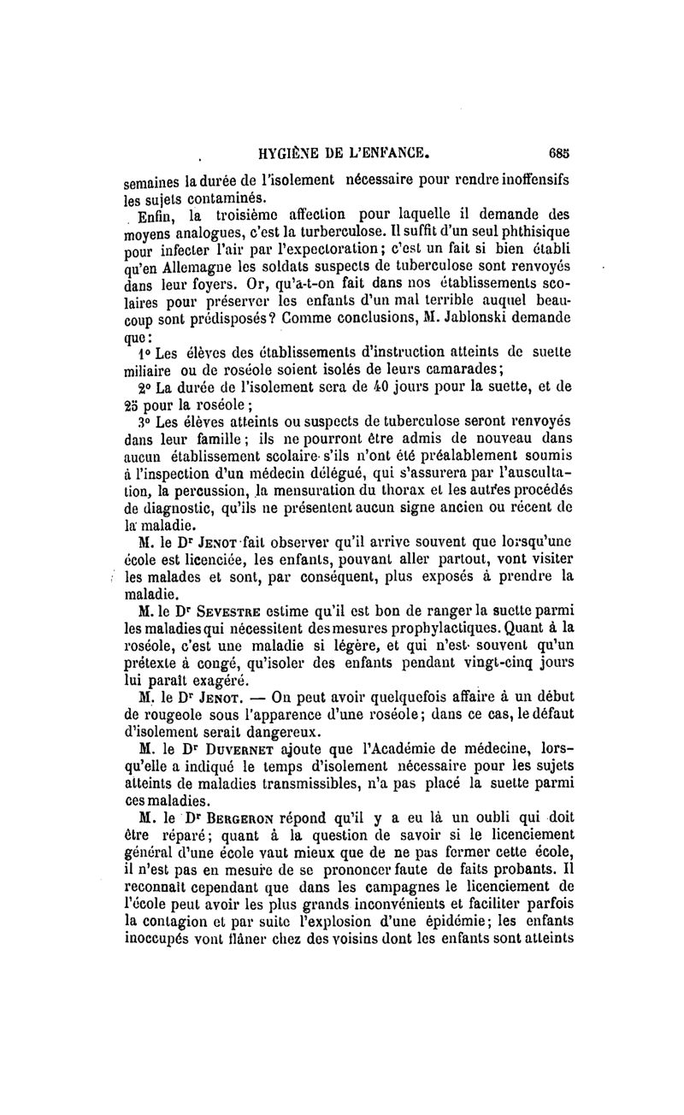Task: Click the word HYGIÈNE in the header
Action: coord(292,156)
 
